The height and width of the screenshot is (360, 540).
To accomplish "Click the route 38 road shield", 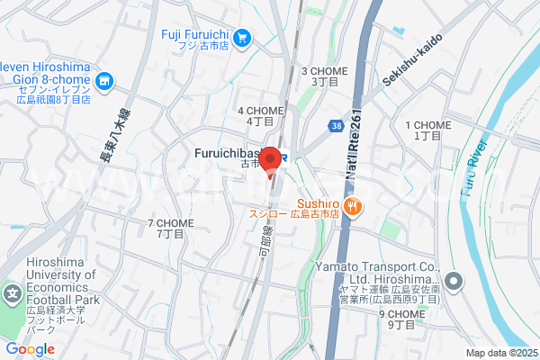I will [x=336, y=126].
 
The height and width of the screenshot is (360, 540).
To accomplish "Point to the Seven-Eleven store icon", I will [x=105, y=82].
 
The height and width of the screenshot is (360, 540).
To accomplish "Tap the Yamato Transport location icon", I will [x=454, y=282].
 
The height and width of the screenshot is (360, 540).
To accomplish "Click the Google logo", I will [x=30, y=349].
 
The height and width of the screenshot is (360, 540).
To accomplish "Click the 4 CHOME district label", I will [x=261, y=115].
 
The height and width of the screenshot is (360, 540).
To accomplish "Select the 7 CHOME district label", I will [x=170, y=228].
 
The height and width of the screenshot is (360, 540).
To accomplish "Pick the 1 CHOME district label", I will [x=427, y=130].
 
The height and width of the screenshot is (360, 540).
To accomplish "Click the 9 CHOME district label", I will [x=400, y=319].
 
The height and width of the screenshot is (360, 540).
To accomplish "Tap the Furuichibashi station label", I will [x=232, y=154].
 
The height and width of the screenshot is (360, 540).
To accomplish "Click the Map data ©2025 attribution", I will [x=499, y=353].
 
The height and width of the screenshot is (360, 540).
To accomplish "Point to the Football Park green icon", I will [x=13, y=295].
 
